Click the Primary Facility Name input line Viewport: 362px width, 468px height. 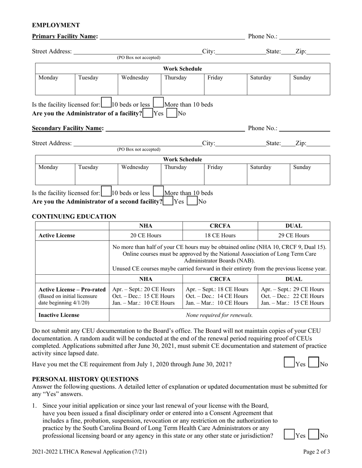[x=171, y=37]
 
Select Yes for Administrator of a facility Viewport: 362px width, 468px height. [x=148, y=113]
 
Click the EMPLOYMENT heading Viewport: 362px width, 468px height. [x=56, y=25]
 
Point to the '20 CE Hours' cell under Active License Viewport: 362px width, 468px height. [x=146, y=236]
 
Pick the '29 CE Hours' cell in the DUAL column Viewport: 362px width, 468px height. [x=294, y=236]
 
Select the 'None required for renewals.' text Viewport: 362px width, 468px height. [x=219, y=315]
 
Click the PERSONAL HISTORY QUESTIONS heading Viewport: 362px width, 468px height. [x=85, y=379]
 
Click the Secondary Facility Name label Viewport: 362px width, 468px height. [x=68, y=129]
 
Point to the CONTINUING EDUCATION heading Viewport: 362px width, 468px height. [x=74, y=216]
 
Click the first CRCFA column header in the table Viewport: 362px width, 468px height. [x=220, y=226]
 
